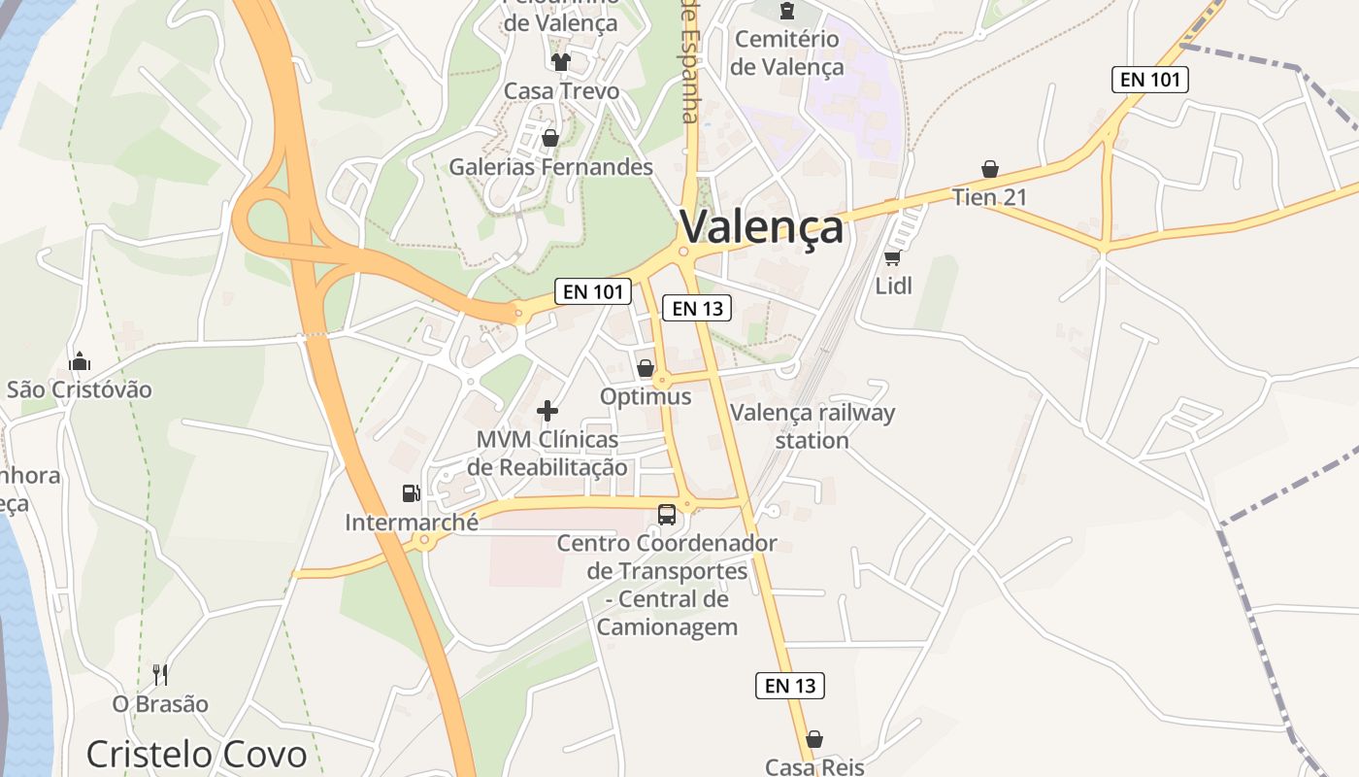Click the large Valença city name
tap(761, 227)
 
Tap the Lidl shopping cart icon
tap(892, 257)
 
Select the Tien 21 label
tap(989, 197)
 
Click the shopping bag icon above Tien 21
tap(989, 170)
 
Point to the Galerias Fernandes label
tap(550, 167)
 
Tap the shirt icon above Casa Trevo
tap(561, 62)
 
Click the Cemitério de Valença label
tap(787, 53)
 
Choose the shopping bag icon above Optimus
tap(646, 368)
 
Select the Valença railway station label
tap(812, 425)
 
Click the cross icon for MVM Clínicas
tap(547, 411)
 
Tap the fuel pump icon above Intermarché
tap(412, 493)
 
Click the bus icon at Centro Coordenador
tap(667, 515)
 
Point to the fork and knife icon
tap(160, 674)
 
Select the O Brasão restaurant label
tap(160, 704)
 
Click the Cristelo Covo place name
tap(196, 755)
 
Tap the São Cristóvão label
tap(80, 389)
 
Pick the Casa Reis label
tap(814, 767)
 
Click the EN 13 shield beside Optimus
tap(696, 309)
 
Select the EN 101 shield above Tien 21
tap(1149, 80)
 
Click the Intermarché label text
tap(412, 523)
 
